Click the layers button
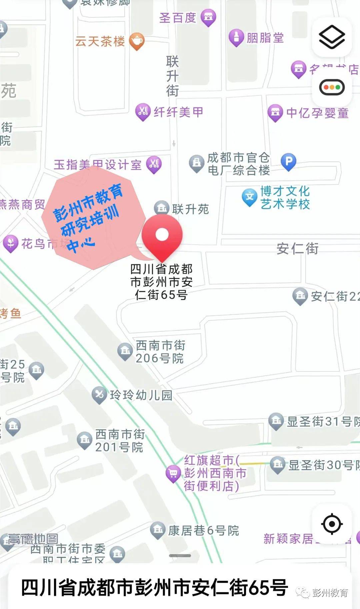coord(332,37)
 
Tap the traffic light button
coord(332,87)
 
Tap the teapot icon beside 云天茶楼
coord(137,41)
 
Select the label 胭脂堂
coord(265,38)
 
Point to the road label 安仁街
coord(297,249)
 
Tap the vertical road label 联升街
coord(173,76)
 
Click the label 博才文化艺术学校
coord(285,197)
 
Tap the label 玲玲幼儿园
coord(141,395)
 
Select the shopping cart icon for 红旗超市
coord(173,473)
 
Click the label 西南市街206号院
coord(160,352)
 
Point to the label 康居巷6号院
coord(203,530)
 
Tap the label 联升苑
coord(190,209)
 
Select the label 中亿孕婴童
coord(317,113)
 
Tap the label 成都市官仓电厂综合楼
coord(238,164)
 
